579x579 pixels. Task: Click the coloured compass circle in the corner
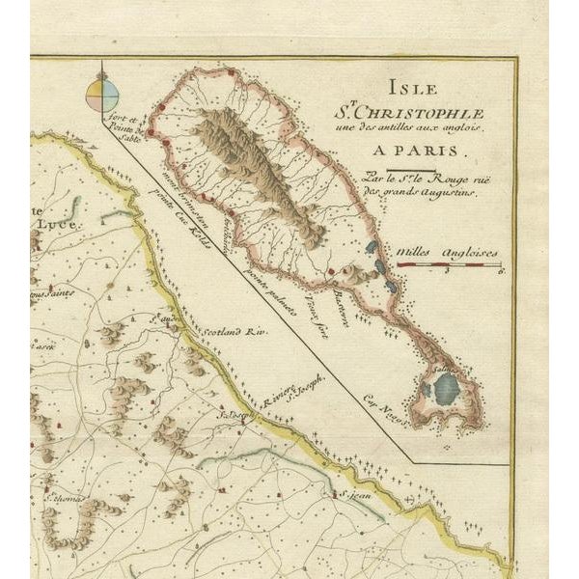click(x=102, y=94)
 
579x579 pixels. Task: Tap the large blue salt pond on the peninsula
click(x=445, y=389)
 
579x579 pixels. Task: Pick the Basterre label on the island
click(x=343, y=301)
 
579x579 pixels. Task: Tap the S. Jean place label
click(x=354, y=494)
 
